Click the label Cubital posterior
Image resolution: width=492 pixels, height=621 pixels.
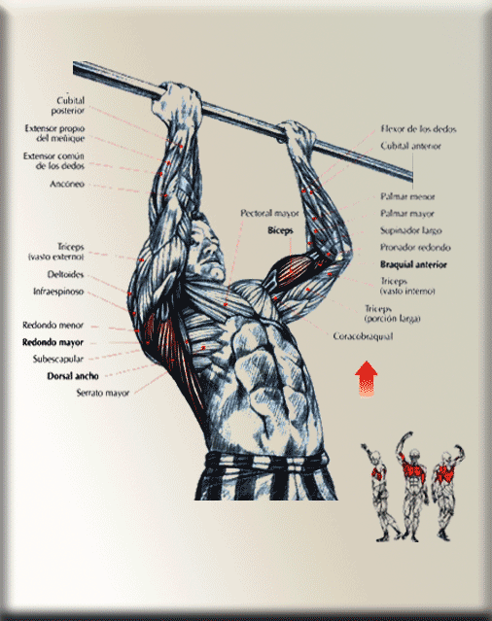(x=68, y=105)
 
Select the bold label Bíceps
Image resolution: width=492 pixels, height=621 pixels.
(x=280, y=230)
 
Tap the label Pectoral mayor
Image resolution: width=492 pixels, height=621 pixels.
(x=269, y=213)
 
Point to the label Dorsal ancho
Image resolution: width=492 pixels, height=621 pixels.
(x=73, y=376)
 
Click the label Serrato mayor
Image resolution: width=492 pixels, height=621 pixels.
(x=103, y=393)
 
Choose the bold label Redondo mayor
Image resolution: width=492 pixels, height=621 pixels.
(x=53, y=342)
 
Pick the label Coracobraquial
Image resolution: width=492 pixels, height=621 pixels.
(x=363, y=336)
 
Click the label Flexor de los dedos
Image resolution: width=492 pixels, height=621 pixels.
(x=418, y=128)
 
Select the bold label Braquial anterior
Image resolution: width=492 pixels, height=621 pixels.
(x=413, y=264)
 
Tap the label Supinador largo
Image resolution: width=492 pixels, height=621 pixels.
(x=410, y=230)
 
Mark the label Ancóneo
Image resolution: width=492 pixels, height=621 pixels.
(x=67, y=184)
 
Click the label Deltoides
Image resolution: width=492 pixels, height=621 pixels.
(x=65, y=274)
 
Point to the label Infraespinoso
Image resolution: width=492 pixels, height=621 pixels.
(x=58, y=292)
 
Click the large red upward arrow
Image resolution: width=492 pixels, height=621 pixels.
(x=367, y=378)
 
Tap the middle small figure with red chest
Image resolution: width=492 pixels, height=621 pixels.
(x=413, y=486)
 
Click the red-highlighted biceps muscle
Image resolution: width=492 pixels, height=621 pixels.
(x=293, y=269)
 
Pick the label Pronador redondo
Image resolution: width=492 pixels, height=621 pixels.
(x=415, y=248)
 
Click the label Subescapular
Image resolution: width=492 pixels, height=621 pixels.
(x=58, y=359)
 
